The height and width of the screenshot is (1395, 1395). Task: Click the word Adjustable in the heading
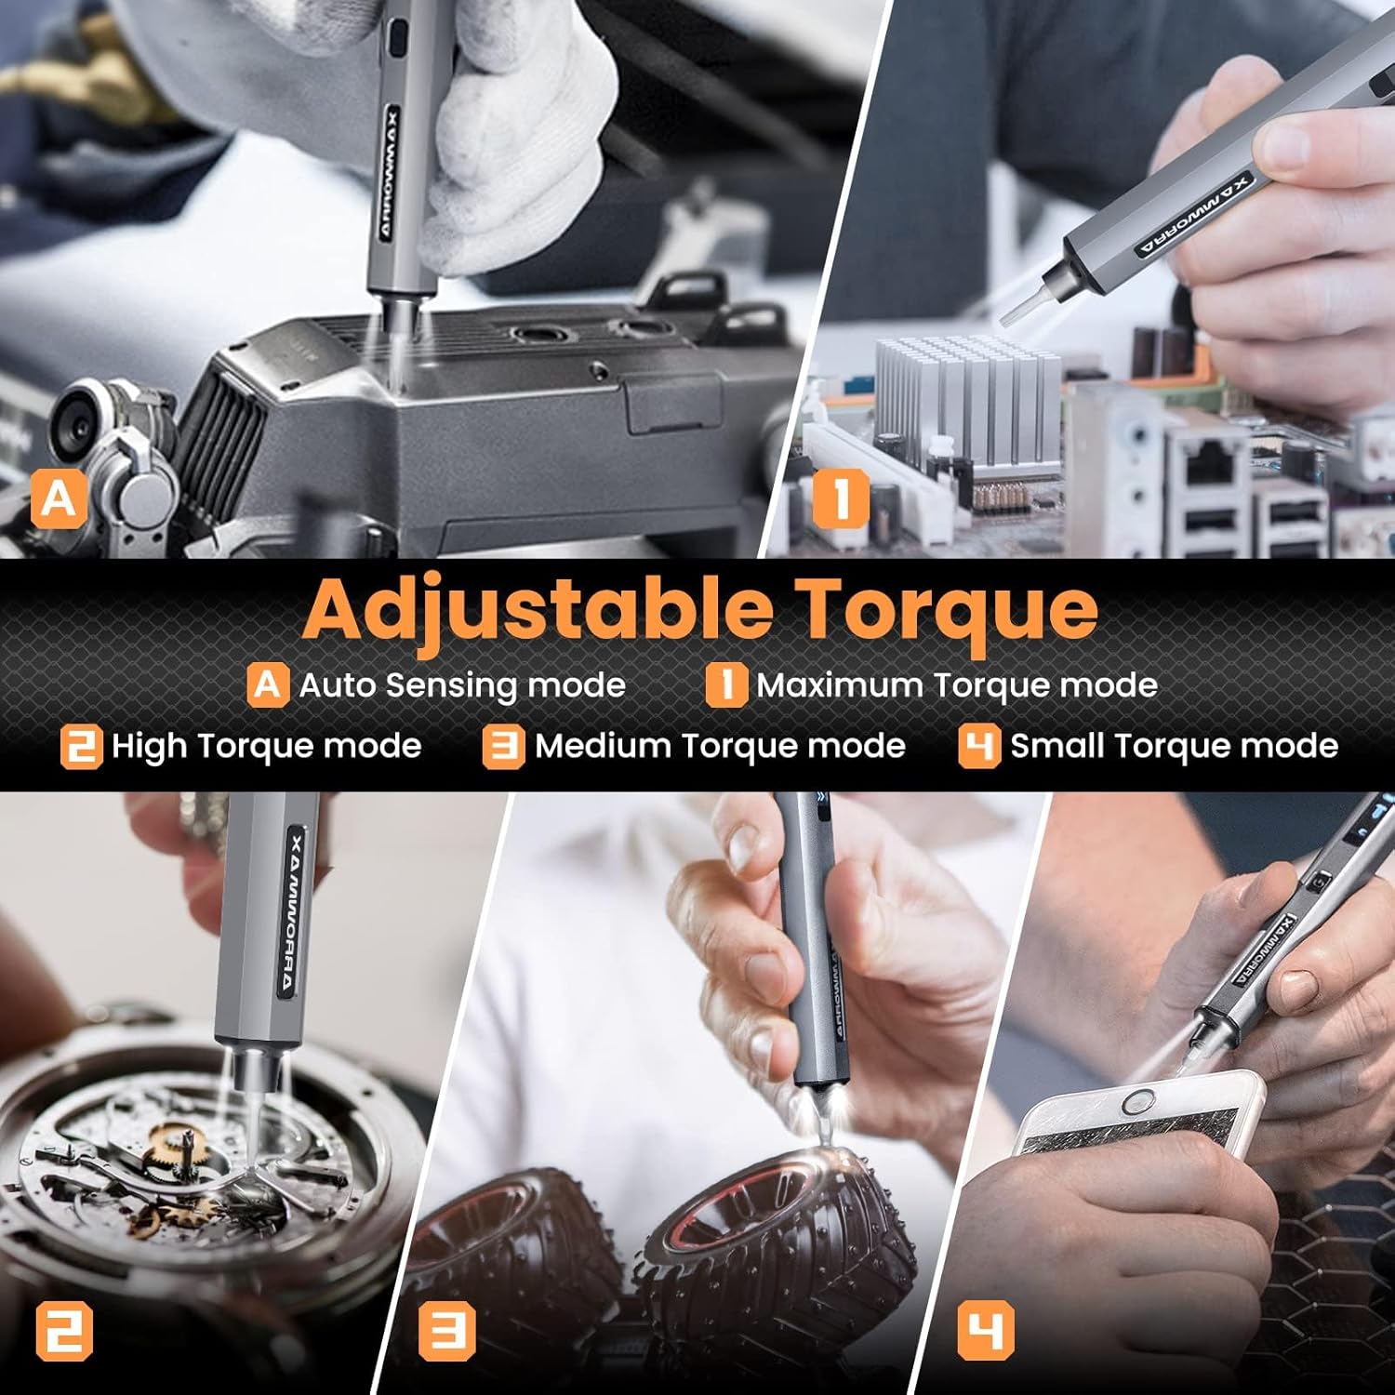(538, 609)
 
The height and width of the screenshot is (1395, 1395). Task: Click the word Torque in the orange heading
(949, 609)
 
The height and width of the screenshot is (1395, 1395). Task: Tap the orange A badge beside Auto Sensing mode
(267, 684)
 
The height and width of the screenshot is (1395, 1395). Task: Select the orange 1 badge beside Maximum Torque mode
(725, 684)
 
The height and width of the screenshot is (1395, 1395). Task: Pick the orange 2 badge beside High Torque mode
(81, 746)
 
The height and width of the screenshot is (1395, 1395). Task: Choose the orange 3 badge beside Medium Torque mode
(503, 746)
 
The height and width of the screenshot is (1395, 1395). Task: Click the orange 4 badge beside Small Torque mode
(978, 746)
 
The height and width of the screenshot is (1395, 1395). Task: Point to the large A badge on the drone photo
(59, 499)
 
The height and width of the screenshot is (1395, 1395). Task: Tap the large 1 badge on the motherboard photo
(841, 498)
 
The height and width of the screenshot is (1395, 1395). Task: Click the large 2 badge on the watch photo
(64, 1331)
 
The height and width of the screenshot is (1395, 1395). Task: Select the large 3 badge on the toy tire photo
(446, 1331)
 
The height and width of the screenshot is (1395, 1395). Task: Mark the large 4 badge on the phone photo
(986, 1331)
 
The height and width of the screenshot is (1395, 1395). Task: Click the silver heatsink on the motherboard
(967, 400)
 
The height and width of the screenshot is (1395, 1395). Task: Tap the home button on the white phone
(1137, 1104)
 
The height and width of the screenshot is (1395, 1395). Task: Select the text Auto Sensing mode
(462, 685)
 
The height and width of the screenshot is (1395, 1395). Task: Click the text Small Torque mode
(1174, 746)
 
